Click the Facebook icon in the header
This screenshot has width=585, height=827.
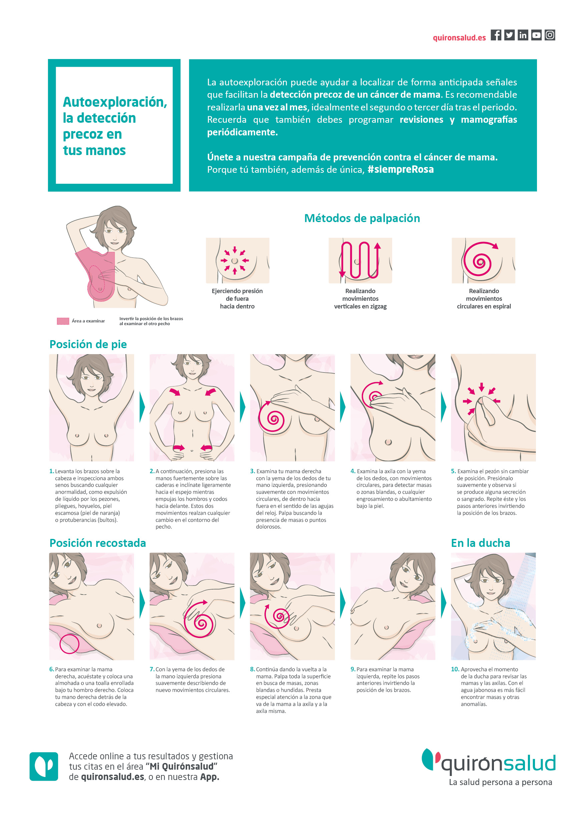496,35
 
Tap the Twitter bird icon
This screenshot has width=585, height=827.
509,35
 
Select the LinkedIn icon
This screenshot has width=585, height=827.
523,35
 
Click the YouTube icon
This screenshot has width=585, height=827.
536,35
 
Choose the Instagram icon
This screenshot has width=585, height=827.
550,35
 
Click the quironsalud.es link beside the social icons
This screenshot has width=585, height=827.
459,38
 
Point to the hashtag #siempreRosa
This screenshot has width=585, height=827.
400,169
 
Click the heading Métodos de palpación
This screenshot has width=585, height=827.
362,218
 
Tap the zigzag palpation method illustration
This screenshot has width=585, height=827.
360,260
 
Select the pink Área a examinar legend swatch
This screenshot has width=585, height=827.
63,321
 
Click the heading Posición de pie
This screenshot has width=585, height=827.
88,344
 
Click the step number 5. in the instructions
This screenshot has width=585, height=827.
453,471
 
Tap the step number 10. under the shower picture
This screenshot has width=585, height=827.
455,669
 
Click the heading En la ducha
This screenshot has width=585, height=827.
480,543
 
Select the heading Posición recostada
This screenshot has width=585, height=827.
98,543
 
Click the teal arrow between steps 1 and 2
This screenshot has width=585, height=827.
142,407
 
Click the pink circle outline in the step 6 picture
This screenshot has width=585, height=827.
69,644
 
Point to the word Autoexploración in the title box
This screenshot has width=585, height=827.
115,102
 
